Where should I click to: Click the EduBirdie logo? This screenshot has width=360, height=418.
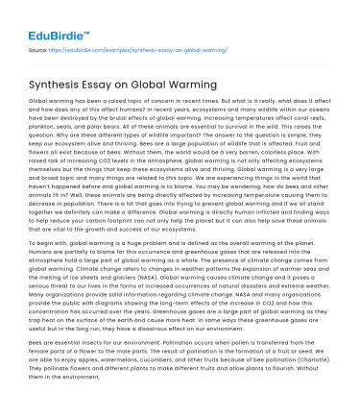(x=51, y=16)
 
